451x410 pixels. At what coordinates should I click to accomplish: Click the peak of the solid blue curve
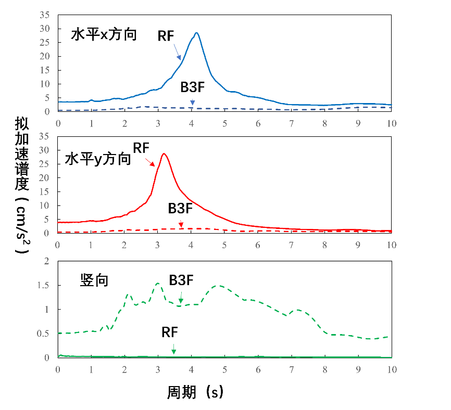pos(196,33)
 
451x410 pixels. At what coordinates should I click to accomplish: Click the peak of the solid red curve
pos(164,153)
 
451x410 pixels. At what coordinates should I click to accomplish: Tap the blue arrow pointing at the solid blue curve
pos(177,52)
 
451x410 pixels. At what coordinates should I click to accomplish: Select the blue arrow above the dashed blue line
pos(192,102)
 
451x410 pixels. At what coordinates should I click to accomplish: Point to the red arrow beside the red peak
pos(150,162)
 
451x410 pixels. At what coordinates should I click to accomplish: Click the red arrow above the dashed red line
pos(181,224)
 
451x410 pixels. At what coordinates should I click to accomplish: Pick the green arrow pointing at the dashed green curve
pos(181,297)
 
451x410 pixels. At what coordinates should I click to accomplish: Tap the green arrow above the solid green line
pos(174,349)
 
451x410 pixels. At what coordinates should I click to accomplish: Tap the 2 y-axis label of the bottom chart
pos(47,261)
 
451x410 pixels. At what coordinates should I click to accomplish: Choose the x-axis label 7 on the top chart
pos(292,124)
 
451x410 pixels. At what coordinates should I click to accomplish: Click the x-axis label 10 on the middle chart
pos(392,245)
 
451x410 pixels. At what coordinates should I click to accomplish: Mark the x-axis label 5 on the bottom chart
pos(225,369)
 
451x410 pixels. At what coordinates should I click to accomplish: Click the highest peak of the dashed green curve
pos(157,284)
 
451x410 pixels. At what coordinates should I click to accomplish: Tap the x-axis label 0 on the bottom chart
pos(58,369)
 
